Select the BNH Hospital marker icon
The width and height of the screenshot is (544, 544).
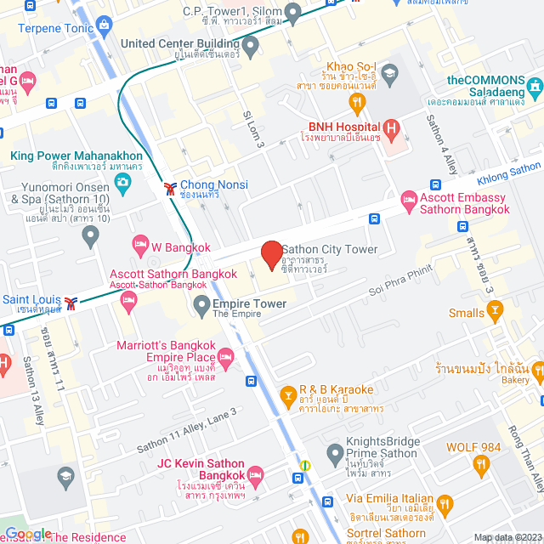click(391, 130)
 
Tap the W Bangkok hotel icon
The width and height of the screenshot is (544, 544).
click(141, 247)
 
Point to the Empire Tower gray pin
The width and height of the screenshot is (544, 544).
click(201, 304)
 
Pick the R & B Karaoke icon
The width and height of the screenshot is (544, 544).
click(291, 395)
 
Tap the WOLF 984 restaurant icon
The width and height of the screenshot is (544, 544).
click(481, 464)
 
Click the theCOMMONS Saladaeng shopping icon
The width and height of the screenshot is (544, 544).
click(534, 86)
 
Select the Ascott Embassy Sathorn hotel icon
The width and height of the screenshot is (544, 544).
click(409, 202)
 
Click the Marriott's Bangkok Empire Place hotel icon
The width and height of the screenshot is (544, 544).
click(225, 355)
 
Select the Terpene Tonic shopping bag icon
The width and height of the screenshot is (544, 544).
click(104, 26)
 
